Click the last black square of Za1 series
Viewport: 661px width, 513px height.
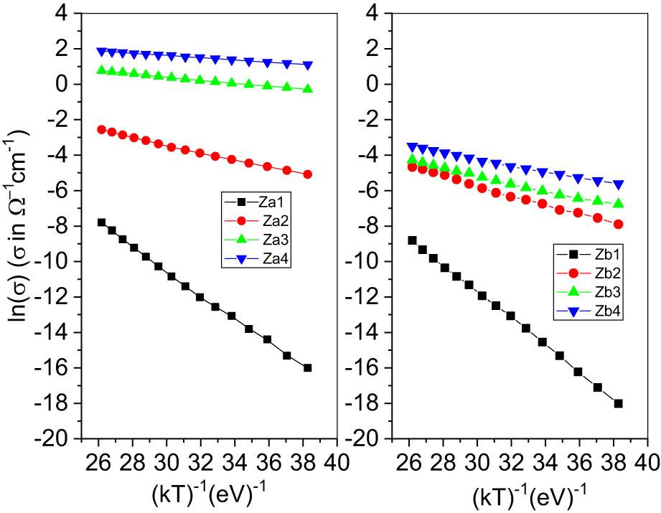pos(308,368)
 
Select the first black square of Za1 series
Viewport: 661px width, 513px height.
pos(101,222)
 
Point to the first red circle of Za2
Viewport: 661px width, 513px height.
pos(101,130)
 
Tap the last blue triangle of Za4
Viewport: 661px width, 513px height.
pos(308,65)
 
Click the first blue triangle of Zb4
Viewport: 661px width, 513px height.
pos(412,147)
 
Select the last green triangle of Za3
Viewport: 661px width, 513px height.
pos(308,89)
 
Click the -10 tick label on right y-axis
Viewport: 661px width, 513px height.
pos(367,262)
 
